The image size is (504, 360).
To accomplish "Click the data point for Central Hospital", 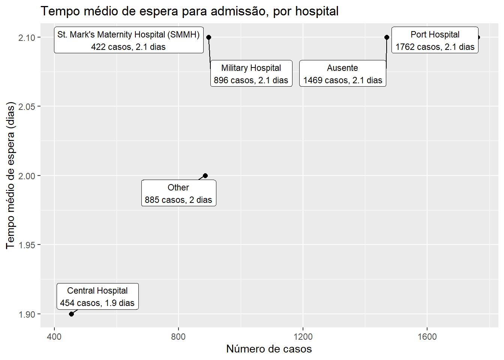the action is pos(71,314).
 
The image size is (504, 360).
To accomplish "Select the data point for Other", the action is pos(205,175).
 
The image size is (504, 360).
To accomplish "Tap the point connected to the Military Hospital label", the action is pos(208,37).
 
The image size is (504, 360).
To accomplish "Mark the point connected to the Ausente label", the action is pos(387,37).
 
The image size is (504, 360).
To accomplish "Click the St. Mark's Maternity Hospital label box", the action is pos(129,40).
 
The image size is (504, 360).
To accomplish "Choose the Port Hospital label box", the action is pos(435,40).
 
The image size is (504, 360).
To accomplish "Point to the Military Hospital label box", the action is pos(251,73).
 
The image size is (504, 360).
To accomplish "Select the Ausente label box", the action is pos(343,73).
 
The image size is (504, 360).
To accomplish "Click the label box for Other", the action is pos(179,193).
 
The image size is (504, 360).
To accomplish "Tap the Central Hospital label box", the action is pos(97,297).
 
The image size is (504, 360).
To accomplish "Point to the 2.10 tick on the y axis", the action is pos(27,37).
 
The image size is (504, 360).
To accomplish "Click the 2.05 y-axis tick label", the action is pos(27,106).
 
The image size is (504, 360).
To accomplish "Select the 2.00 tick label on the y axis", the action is pos(27,176).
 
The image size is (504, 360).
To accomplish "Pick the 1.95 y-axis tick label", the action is pos(27,245).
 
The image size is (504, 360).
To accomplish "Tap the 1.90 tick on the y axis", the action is pos(27,314).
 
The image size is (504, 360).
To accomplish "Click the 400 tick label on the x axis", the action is pos(54,337).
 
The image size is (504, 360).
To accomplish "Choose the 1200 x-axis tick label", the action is pos(303,337).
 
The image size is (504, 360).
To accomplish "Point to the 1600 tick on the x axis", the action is pos(427,337).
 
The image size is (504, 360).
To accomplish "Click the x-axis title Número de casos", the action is pos(269,349).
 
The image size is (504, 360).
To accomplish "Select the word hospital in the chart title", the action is pos(317,11).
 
